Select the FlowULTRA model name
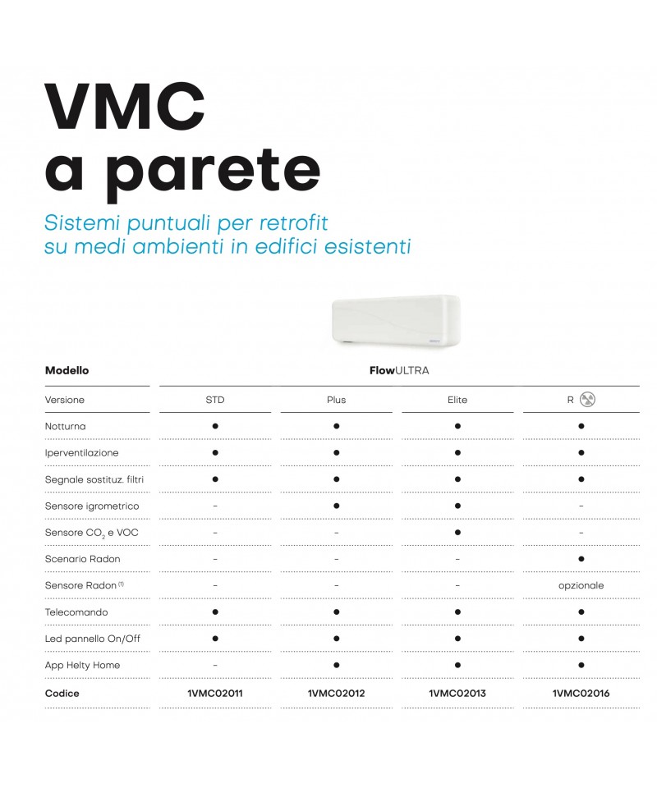tap(399, 370)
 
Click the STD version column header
tap(214, 400)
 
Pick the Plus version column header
tap(336, 400)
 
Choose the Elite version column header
tap(457, 400)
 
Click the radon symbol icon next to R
tap(588, 400)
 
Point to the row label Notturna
tap(66, 426)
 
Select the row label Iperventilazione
tap(81, 452)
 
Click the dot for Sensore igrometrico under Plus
tap(336, 506)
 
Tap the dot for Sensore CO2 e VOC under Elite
tap(457, 532)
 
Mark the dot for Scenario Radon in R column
tap(581, 559)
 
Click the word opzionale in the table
tap(581, 585)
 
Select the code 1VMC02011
tap(214, 693)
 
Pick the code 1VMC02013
tap(457, 693)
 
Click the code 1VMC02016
tap(581, 693)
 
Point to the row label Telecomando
tap(76, 612)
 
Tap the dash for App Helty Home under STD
tap(214, 666)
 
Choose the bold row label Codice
tap(62, 693)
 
